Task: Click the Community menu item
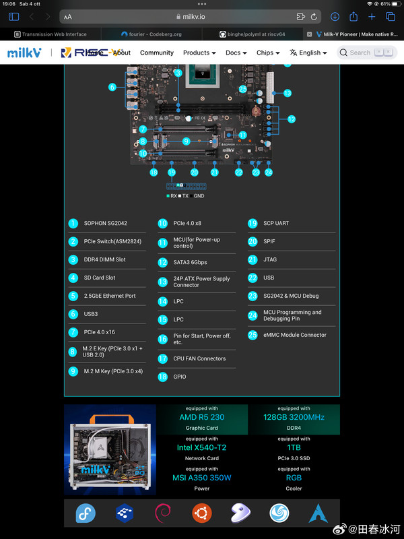pyautogui.click(x=157, y=53)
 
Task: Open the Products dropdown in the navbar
pyautogui.click(x=199, y=53)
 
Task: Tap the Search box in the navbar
pyautogui.click(x=366, y=52)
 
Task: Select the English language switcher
pyautogui.click(x=309, y=53)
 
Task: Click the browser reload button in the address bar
pyautogui.click(x=314, y=17)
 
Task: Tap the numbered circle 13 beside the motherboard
pyautogui.click(x=287, y=94)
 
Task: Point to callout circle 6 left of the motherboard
pyautogui.click(x=112, y=86)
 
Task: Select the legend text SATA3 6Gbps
pyautogui.click(x=190, y=262)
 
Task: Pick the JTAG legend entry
pyautogui.click(x=271, y=259)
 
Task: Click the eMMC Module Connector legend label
pyautogui.click(x=295, y=335)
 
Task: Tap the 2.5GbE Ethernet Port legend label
pyautogui.click(x=110, y=296)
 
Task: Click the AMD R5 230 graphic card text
pyautogui.click(x=202, y=417)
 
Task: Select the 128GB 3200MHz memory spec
pyautogui.click(x=294, y=417)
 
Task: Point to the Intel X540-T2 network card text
pyautogui.click(x=202, y=447)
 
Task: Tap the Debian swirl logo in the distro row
pyautogui.click(x=163, y=513)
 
